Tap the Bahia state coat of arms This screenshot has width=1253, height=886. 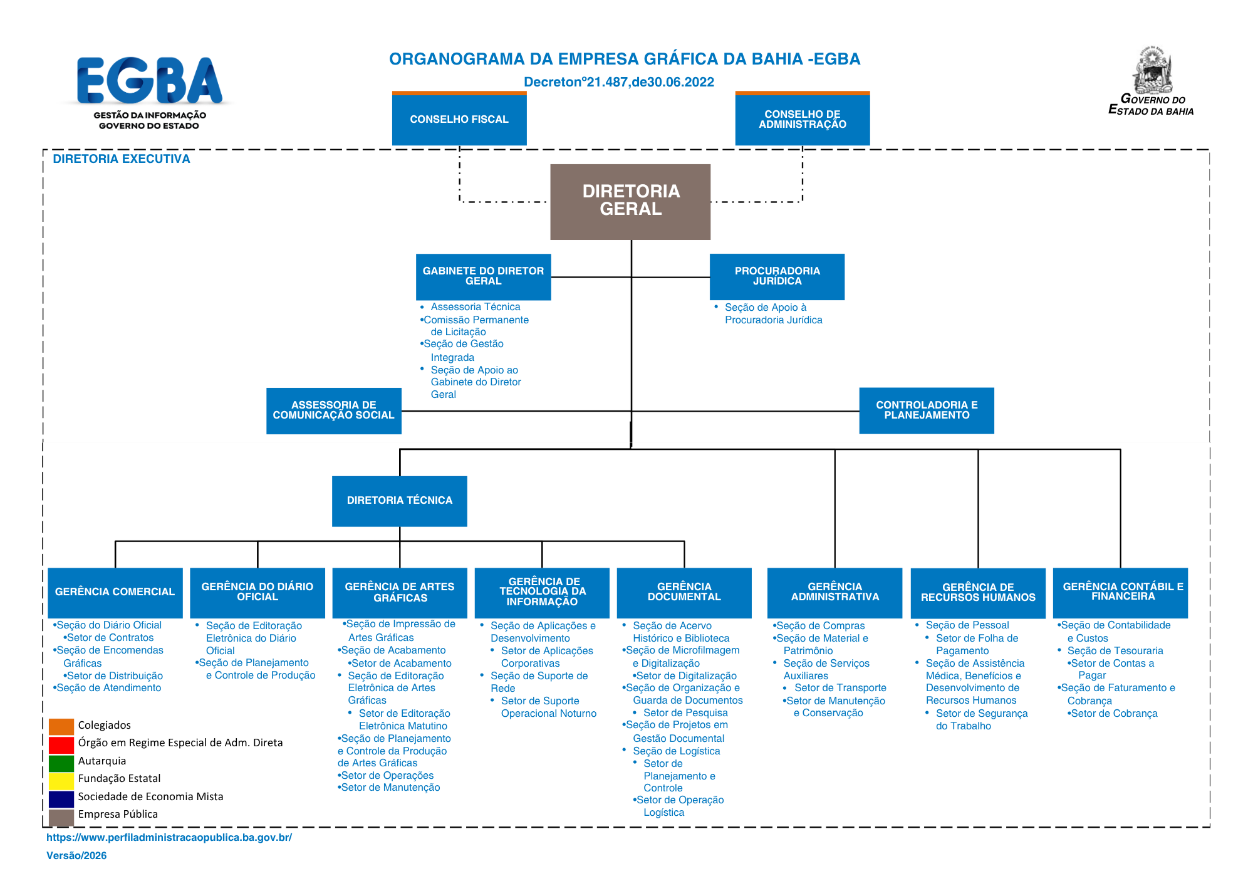coord(1152,70)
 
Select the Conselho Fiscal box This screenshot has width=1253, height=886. coord(459,118)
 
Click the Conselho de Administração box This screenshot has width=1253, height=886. coord(803,118)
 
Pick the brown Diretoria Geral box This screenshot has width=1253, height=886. coord(630,202)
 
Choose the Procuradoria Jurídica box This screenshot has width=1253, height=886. coord(777,276)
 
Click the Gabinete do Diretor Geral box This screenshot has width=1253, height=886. coord(484,276)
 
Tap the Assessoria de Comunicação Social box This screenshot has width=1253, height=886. coord(334,410)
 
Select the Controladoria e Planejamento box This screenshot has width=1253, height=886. coord(927,410)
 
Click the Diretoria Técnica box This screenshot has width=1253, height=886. coord(400,501)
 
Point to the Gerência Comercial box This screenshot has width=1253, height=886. coord(115,592)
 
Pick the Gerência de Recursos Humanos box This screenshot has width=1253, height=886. coord(978,592)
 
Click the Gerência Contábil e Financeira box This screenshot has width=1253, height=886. coord(1120,592)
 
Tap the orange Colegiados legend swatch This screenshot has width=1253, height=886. coord(61,726)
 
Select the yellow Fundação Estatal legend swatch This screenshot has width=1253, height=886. coord(61,781)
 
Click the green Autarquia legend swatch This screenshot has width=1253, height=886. coord(61,763)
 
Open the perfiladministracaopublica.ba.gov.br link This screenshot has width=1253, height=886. coord(169,838)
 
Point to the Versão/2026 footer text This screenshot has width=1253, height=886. coord(76,856)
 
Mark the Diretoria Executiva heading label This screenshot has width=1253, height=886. coord(122,159)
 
